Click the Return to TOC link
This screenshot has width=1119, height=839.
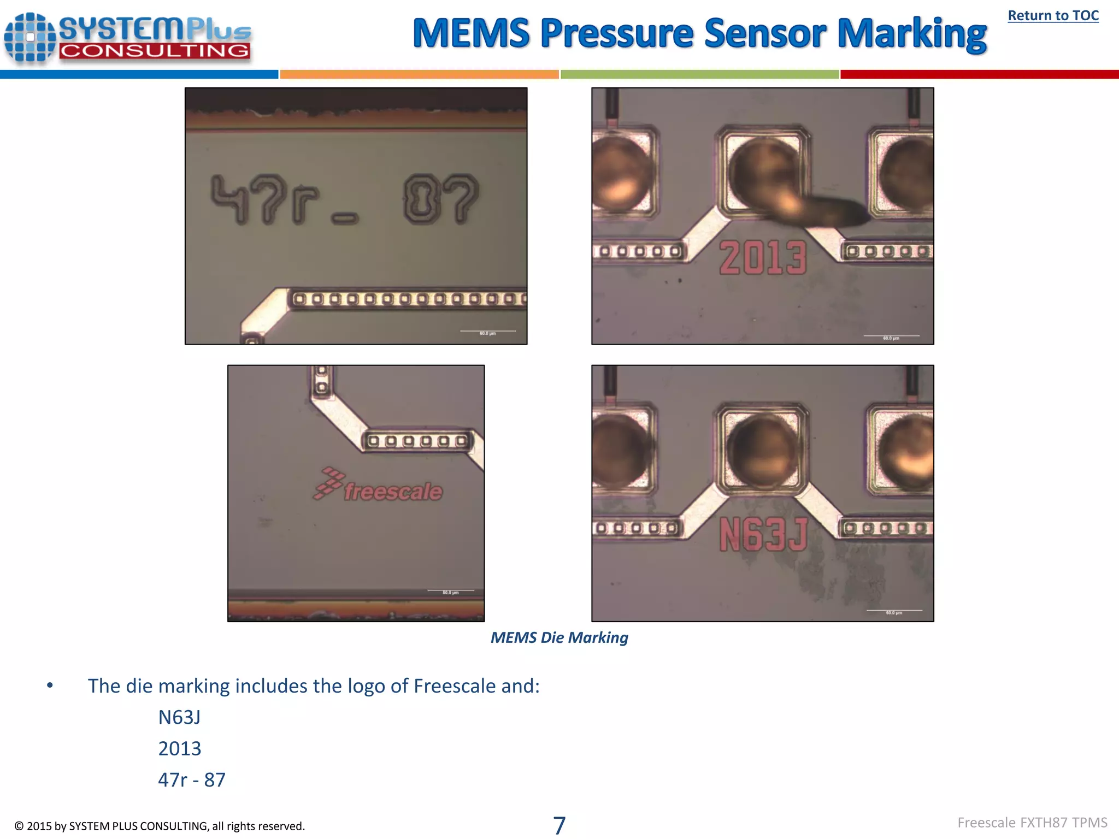pyautogui.click(x=1053, y=16)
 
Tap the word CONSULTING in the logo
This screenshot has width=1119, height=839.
pyautogui.click(x=154, y=51)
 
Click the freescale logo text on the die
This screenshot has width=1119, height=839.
pyautogui.click(x=392, y=492)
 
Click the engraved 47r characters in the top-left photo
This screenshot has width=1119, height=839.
pyautogui.click(x=264, y=200)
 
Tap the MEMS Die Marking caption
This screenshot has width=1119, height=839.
pyautogui.click(x=559, y=637)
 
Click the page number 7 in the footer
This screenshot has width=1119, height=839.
pyautogui.click(x=559, y=825)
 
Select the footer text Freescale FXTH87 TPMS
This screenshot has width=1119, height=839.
pyautogui.click(x=1032, y=823)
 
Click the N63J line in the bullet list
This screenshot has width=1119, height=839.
pyautogui.click(x=179, y=717)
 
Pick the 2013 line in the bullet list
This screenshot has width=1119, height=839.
pyautogui.click(x=179, y=748)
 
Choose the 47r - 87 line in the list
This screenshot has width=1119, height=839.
pyautogui.click(x=191, y=779)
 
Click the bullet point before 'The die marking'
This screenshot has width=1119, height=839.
pyautogui.click(x=50, y=686)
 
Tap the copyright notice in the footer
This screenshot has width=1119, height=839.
pyautogui.click(x=160, y=826)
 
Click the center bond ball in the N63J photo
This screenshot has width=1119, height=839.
pyautogui.click(x=763, y=451)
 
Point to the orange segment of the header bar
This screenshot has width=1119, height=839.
pyautogui.click(x=419, y=74)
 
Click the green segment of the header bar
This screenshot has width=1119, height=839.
pyautogui.click(x=699, y=74)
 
